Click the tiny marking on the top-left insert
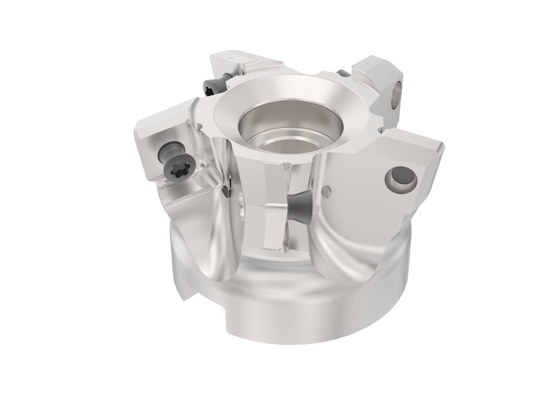228,56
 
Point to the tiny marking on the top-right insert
366,64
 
